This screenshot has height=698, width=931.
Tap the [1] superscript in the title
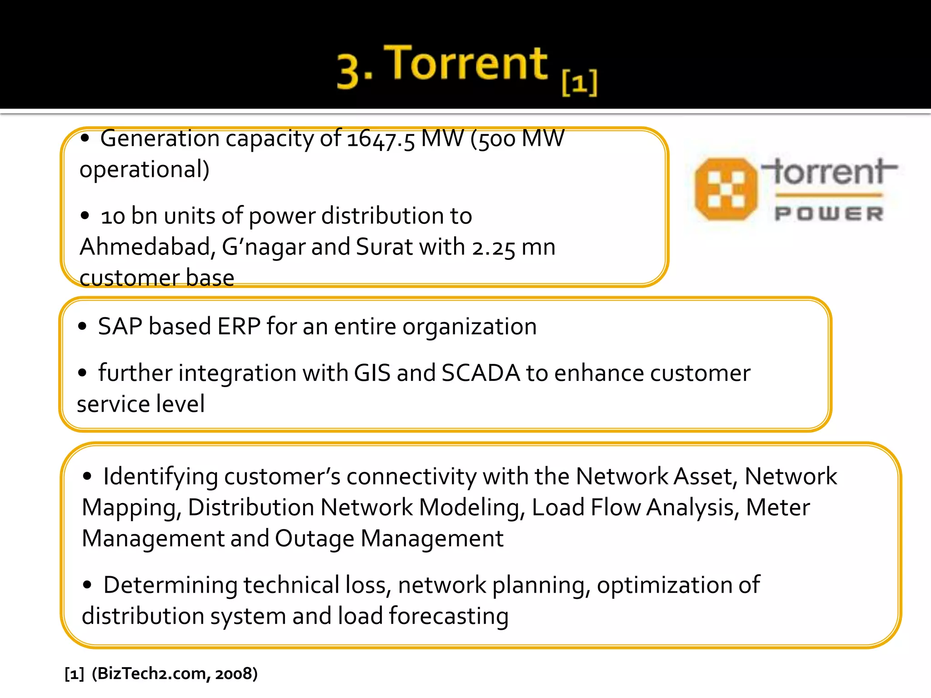(580, 83)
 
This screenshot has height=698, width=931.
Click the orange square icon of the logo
(726, 189)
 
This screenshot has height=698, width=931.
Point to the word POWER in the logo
(829, 214)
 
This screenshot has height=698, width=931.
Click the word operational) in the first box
(145, 170)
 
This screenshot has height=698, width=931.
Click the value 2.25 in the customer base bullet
(493, 248)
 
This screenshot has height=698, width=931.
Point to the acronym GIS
(372, 373)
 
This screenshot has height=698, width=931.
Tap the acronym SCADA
(481, 373)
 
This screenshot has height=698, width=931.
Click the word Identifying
(160, 477)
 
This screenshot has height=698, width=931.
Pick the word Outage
(314, 539)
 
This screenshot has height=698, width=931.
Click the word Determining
(170, 585)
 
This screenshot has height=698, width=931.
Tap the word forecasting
(449, 617)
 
